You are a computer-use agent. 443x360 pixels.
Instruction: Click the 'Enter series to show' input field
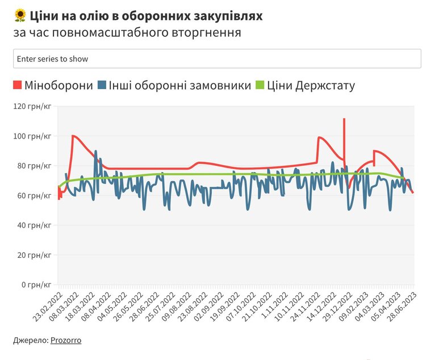217,58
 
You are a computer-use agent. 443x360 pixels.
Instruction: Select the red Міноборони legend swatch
17,86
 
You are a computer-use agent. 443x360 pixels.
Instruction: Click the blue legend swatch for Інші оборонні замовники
102,86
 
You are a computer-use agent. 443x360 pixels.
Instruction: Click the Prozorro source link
65,340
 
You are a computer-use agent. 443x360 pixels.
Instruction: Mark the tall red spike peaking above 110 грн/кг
344,120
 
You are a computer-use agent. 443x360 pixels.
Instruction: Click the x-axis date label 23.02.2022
47,307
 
